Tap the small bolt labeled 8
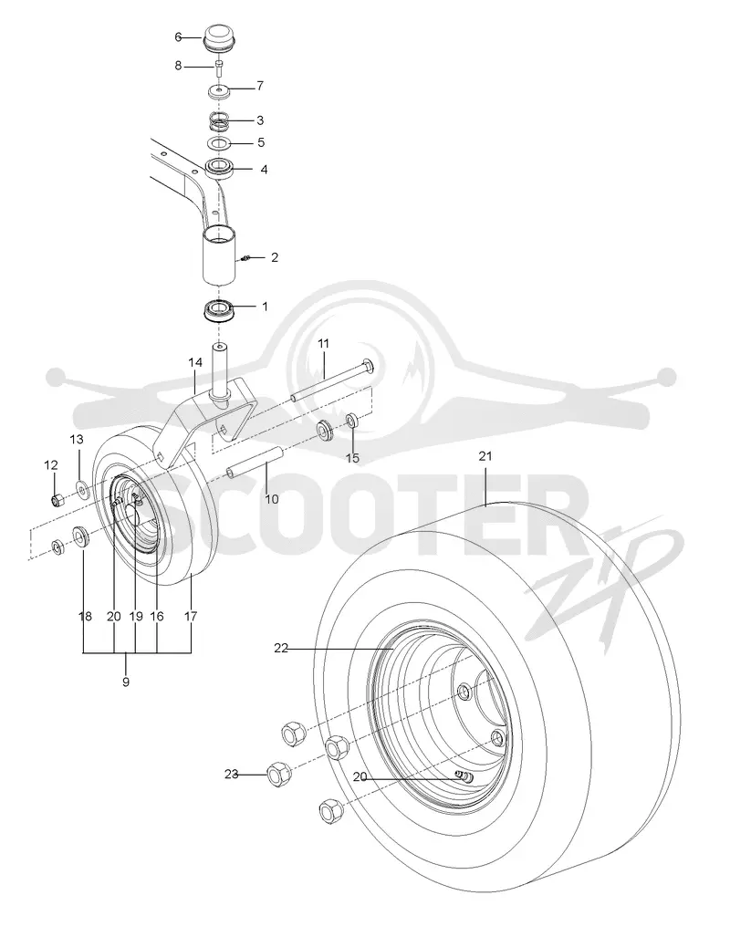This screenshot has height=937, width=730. (219, 66)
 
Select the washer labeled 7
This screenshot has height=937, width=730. (219, 92)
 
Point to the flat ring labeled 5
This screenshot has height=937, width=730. (219, 144)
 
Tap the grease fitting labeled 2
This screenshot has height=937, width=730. (245, 258)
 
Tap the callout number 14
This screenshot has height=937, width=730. (195, 362)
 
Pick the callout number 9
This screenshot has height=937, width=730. (126, 682)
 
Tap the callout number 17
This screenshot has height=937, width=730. (191, 616)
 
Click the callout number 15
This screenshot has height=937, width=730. (353, 458)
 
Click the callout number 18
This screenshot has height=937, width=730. (86, 616)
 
